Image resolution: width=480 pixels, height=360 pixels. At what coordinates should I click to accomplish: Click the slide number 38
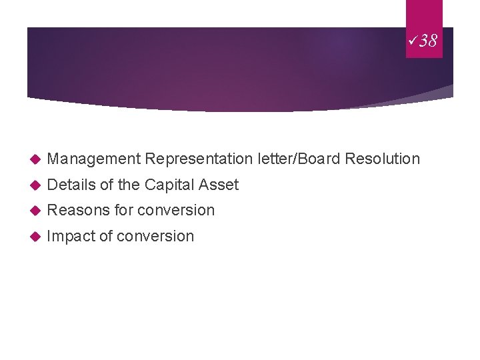[428, 41]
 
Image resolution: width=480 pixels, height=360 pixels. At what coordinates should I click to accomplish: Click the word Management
[94, 159]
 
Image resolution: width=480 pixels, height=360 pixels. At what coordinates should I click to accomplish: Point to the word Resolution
[383, 159]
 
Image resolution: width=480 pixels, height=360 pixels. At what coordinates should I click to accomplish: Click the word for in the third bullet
[123, 211]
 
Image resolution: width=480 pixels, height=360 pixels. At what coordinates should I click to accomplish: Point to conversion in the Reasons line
[176, 211]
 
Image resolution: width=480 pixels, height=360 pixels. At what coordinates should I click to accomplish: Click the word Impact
[71, 236]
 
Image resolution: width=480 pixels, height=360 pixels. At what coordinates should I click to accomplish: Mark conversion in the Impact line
[155, 236]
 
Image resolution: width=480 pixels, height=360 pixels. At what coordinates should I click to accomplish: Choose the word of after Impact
[105, 236]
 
